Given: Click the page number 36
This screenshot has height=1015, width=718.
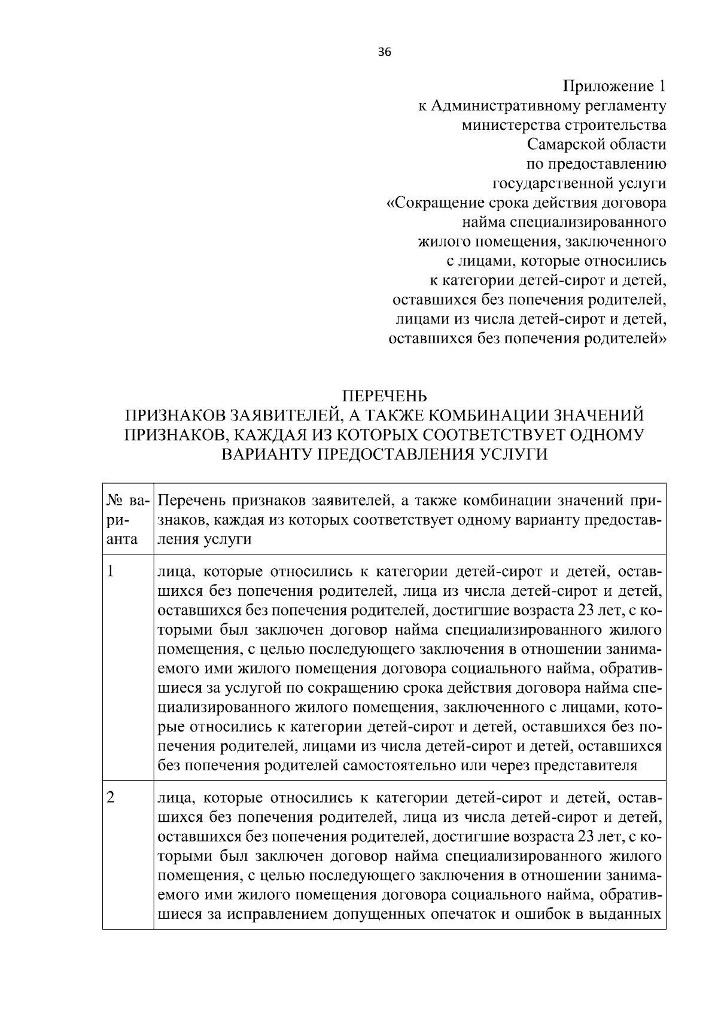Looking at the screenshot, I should click(384, 52).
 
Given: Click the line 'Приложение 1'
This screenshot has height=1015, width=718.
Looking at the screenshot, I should click(614, 86).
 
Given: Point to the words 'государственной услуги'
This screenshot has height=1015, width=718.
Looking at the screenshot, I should click(579, 183).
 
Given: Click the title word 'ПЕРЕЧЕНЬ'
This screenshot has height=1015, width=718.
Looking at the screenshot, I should click(384, 396).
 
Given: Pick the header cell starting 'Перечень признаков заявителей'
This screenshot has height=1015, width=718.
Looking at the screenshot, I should click(409, 519).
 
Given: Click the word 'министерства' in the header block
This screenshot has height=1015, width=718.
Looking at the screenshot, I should click(509, 125).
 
